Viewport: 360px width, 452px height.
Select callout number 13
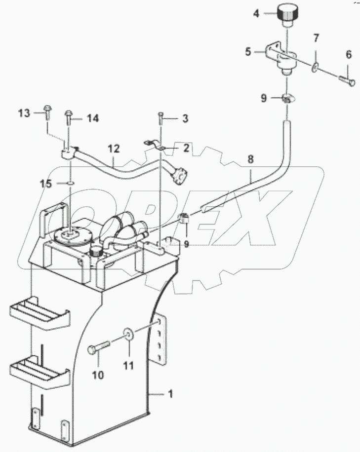click(x=24, y=113)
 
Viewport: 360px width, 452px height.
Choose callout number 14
click(x=93, y=118)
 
